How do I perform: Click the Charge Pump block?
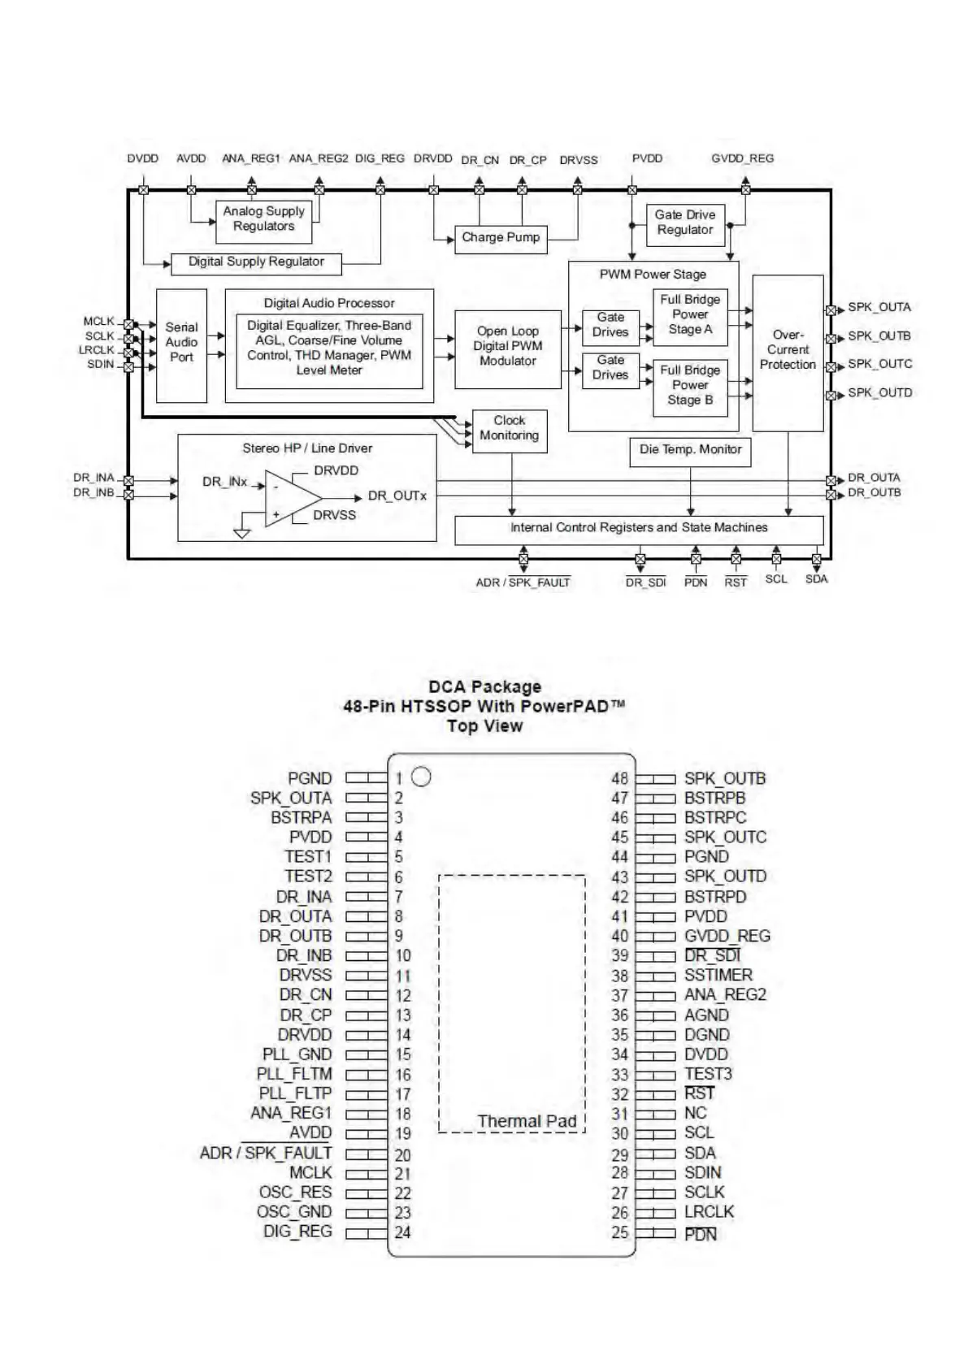coord(501,238)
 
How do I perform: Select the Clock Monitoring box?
coord(510,429)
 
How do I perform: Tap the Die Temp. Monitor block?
coord(690,450)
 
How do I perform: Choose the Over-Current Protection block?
coord(788,351)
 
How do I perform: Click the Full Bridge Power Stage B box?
coord(690,386)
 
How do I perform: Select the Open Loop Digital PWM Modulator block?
coord(508,347)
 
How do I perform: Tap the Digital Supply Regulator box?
coord(256,262)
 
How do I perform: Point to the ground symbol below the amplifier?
coord(241,533)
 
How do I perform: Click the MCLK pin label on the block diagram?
coord(99,322)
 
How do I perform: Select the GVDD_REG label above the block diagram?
coord(742,158)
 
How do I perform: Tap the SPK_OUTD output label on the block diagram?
coord(879,393)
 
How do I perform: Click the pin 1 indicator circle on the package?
coord(421,777)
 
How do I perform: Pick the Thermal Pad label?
coord(527,1122)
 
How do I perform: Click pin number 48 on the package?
coord(620,778)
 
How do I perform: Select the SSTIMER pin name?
coord(718,975)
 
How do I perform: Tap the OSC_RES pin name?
coord(295,1193)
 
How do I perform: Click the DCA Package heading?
coord(484,687)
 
